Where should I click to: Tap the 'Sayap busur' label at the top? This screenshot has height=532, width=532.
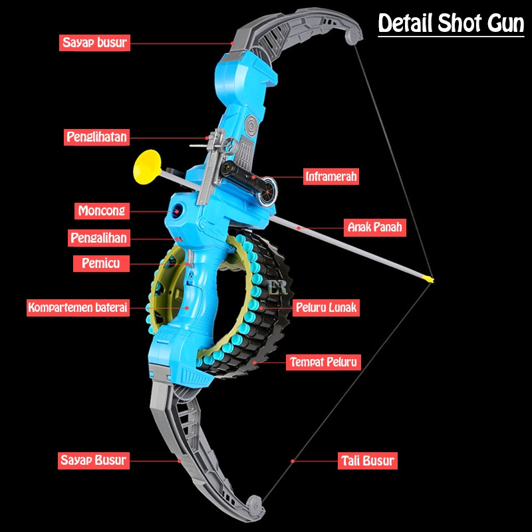tap(94, 43)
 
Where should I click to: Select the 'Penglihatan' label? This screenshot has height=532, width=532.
tap(96, 137)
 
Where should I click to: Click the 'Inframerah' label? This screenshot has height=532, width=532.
tap(331, 176)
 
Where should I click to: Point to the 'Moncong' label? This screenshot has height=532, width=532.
tap(102, 211)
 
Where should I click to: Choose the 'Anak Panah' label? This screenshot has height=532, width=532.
tap(374, 227)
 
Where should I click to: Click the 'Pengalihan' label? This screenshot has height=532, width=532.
tap(98, 237)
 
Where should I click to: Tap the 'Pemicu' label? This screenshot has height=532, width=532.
tap(101, 263)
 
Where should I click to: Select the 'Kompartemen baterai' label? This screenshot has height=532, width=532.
tap(77, 308)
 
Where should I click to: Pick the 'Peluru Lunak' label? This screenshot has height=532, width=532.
tap(326, 307)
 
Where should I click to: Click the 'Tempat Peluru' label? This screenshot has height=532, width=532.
tap(324, 362)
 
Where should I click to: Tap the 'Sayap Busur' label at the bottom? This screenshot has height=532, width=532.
tap(93, 460)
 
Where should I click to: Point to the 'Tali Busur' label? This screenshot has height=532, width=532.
tap(368, 460)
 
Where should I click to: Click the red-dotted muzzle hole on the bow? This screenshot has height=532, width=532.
tap(178, 209)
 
